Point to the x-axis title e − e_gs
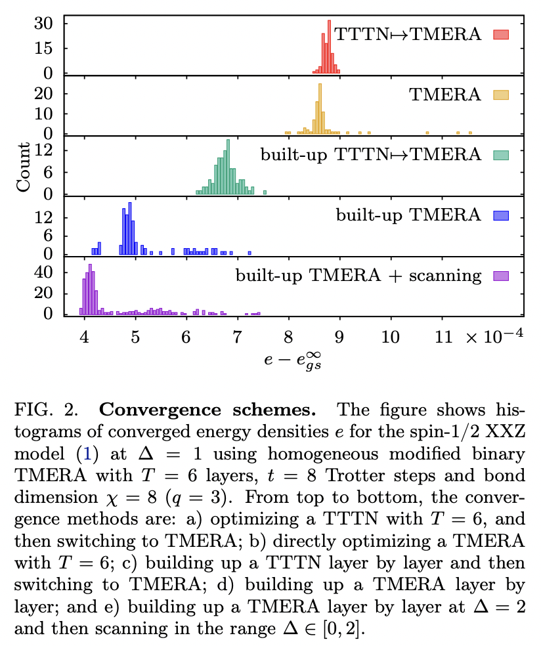292,360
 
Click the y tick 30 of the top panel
53,24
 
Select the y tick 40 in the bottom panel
53,272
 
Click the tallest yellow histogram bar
319,109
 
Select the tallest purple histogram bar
91,290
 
